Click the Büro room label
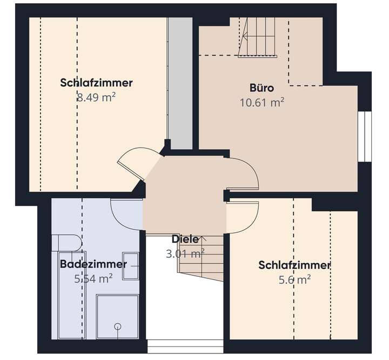(262, 88)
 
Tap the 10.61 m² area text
(262, 102)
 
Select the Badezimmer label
(93, 264)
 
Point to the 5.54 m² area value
(93, 278)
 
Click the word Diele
(183, 239)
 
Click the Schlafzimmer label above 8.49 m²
(97, 83)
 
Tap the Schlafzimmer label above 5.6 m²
(294, 265)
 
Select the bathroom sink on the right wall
(131, 266)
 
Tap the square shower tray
(117, 316)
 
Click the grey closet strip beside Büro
(180, 81)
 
